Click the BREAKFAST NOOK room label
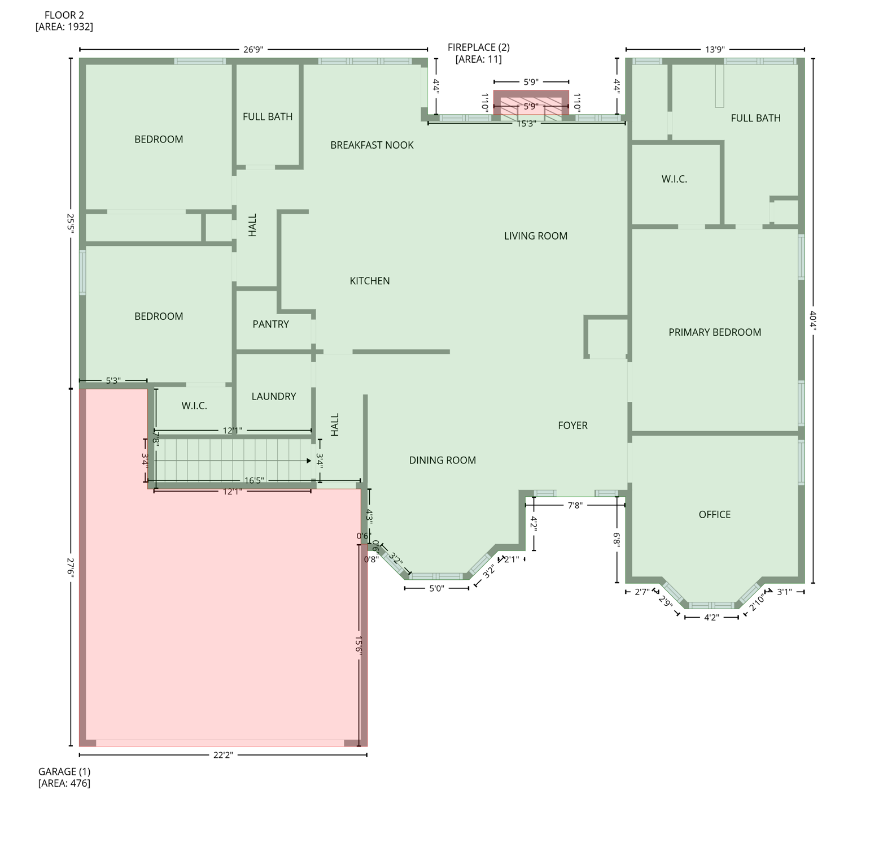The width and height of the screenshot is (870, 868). pyautogui.click(x=371, y=145)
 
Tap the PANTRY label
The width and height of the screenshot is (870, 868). pyautogui.click(x=270, y=324)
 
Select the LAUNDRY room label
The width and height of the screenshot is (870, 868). pyautogui.click(x=273, y=397)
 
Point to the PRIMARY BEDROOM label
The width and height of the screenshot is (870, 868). pyautogui.click(x=714, y=332)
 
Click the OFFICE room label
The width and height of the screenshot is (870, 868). pyautogui.click(x=714, y=515)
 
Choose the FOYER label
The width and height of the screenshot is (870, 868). pyautogui.click(x=572, y=426)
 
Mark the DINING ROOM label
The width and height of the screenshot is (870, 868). pyautogui.click(x=442, y=461)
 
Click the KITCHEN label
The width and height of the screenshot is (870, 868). pyautogui.click(x=369, y=281)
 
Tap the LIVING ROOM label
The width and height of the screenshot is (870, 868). pyautogui.click(x=535, y=236)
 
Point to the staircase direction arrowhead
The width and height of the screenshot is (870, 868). pyautogui.click(x=308, y=461)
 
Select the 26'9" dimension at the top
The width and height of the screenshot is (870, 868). pyautogui.click(x=253, y=50)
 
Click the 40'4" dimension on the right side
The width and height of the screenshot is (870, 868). pyautogui.click(x=813, y=320)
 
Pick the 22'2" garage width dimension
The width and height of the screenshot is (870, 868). pyautogui.click(x=223, y=755)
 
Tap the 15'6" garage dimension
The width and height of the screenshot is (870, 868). pyautogui.click(x=359, y=644)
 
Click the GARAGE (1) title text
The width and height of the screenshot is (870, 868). pyautogui.click(x=64, y=771)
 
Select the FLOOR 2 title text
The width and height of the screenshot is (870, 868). pyautogui.click(x=64, y=15)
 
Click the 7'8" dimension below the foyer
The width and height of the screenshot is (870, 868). pyautogui.click(x=575, y=506)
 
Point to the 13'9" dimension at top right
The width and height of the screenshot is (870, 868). pyautogui.click(x=714, y=50)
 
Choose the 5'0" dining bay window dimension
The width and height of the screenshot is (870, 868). pyautogui.click(x=436, y=589)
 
